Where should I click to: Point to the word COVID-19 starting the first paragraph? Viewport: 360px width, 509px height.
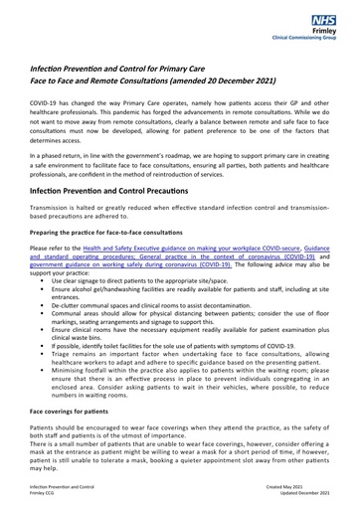pos(47,103)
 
